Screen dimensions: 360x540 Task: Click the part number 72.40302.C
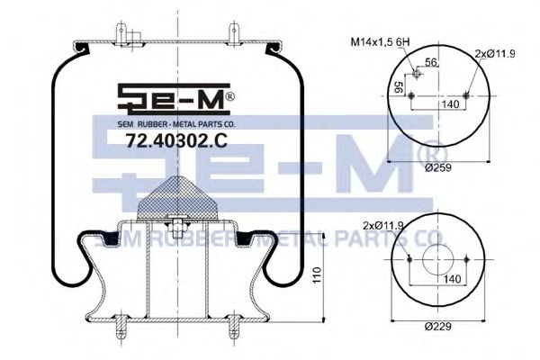coord(176,141)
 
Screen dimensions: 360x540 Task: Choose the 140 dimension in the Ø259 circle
coord(438,105)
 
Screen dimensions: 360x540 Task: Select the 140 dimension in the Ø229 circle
coord(437,280)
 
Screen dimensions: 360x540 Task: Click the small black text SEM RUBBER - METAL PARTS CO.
coord(176,122)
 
